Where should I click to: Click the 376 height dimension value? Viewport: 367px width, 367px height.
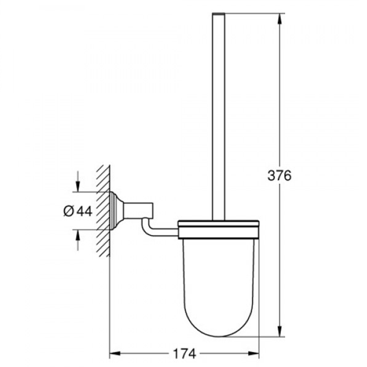click(279, 176)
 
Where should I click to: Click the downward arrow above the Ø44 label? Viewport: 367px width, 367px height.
click(78, 187)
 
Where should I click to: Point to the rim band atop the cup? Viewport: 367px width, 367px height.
click(218, 227)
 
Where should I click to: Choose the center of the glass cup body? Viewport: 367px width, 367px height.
click(218, 278)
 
